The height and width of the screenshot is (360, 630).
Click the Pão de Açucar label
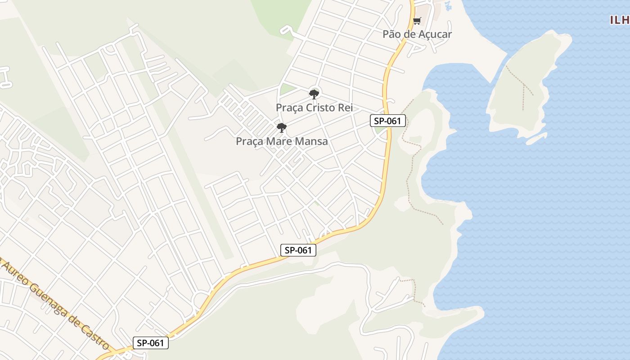(x=417, y=34)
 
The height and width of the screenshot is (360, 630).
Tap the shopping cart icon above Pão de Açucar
(x=417, y=21)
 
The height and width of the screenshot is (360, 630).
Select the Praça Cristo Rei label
(x=314, y=108)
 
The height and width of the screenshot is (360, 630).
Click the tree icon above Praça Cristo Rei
(x=314, y=94)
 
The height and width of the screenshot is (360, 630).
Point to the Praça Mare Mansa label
(x=282, y=141)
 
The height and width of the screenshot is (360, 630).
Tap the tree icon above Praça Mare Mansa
(x=282, y=128)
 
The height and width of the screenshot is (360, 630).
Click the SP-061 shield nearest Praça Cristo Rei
(x=388, y=121)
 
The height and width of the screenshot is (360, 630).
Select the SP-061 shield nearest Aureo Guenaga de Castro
(x=151, y=343)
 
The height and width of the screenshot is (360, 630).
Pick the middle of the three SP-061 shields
(x=298, y=250)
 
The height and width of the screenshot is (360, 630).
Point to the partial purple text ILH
(x=620, y=20)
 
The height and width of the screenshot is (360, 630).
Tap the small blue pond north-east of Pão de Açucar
(x=447, y=5)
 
